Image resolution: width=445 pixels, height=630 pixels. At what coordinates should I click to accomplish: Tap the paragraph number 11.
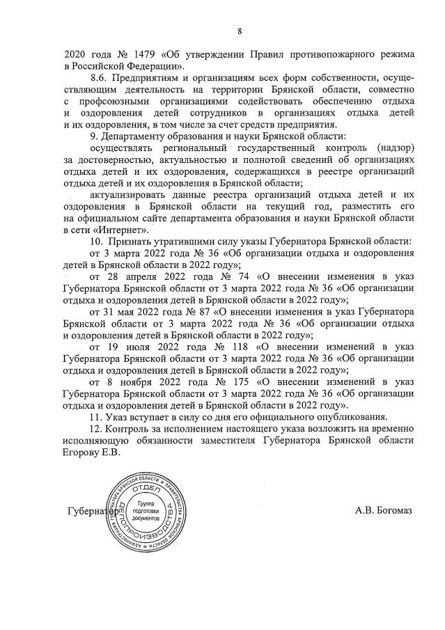[97, 418]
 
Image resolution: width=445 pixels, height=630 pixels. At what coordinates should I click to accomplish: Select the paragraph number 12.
[98, 430]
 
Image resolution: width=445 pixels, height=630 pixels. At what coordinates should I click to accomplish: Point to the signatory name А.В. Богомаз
[383, 512]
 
